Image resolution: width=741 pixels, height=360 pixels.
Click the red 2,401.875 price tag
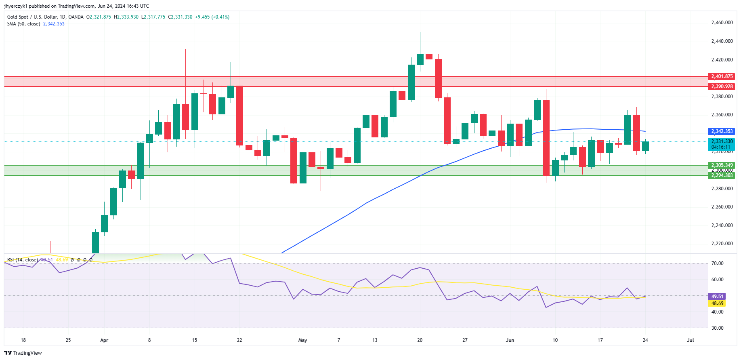722,76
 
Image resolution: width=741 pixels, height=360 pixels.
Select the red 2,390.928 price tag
722,86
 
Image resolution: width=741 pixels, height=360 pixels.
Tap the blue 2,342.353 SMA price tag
722,131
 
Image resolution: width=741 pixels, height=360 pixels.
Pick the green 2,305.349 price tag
722,165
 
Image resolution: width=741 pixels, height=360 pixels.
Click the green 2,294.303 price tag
722,175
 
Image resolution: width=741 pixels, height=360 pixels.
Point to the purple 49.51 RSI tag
717,297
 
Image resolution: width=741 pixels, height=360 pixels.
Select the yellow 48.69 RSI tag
717,303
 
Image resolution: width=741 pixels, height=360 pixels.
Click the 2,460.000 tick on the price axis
722,23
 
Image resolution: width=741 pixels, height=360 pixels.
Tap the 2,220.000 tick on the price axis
722,244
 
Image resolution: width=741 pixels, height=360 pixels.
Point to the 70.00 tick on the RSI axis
717,263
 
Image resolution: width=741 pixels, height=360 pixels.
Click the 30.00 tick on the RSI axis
717,328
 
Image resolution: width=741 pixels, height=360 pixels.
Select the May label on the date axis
302,340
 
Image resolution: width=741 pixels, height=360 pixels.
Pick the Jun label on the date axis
510,340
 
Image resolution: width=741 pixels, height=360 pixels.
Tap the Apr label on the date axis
104,340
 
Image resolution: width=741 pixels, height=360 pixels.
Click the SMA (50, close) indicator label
23,24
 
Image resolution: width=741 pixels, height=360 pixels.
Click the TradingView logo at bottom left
23,353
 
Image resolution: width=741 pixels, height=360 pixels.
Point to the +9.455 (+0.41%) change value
212,17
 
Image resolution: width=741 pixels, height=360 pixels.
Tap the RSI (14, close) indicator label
22,260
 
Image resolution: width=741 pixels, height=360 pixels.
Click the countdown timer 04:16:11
721,147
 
